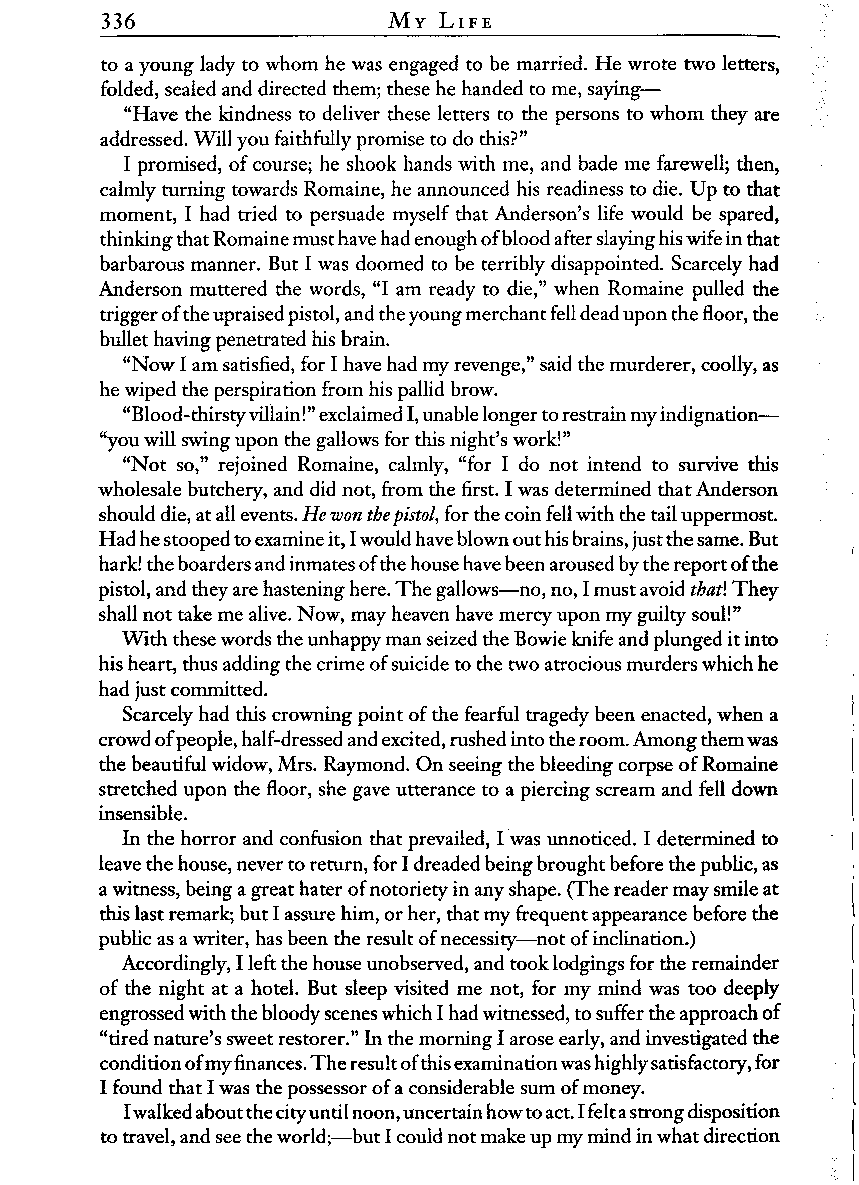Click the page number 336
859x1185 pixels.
118,22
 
